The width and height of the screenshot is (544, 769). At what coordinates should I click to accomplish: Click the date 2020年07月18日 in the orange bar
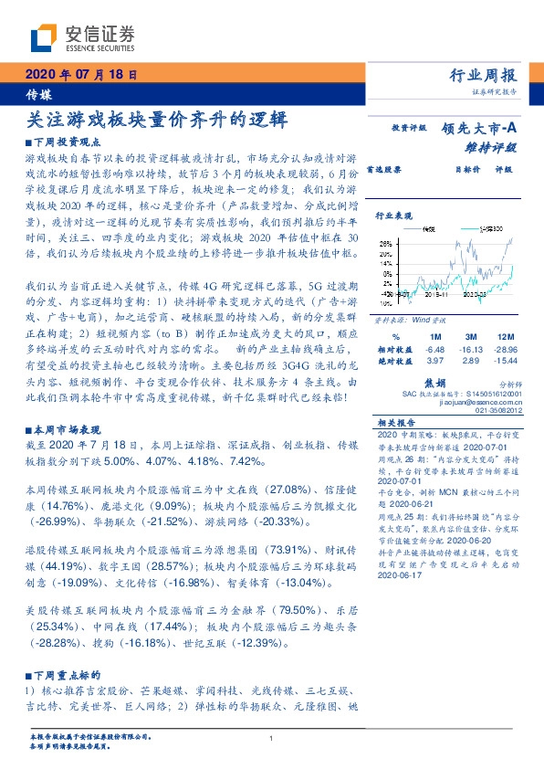tap(81, 75)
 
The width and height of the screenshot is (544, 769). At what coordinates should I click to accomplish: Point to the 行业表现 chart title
tap(395, 216)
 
